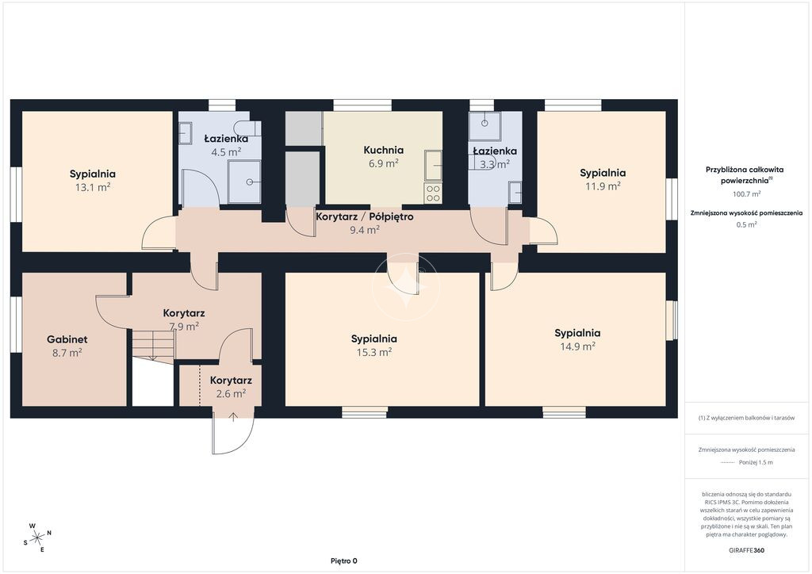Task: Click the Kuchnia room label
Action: (383, 150)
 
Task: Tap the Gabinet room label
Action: (67, 339)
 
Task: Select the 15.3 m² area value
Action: (374, 352)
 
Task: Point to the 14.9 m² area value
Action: (577, 346)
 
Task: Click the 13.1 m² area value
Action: (93, 187)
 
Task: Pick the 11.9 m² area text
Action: (603, 186)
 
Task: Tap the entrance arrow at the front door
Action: (233, 417)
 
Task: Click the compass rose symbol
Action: (37, 538)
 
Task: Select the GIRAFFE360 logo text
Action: (746, 550)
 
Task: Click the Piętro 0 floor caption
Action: (344, 561)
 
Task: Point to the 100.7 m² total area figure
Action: (746, 194)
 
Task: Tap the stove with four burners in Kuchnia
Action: (433, 193)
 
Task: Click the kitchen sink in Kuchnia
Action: (433, 166)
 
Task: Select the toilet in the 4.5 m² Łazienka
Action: (247, 128)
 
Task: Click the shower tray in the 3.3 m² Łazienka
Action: (485, 126)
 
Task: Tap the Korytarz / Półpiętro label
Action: (365, 217)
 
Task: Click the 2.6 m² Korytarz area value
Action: (231, 393)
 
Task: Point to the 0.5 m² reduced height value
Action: (746, 224)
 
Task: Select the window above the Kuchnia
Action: (362, 105)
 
